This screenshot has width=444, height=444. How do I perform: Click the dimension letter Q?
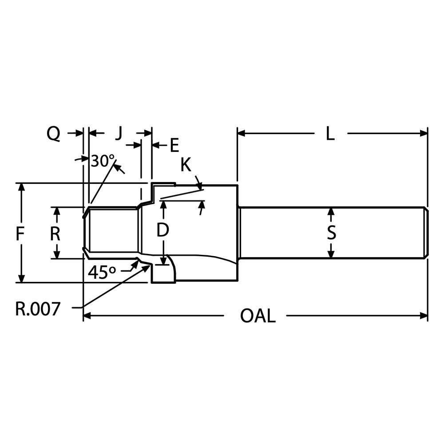pyautogui.click(x=54, y=134)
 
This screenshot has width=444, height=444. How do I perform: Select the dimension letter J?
pyautogui.click(x=118, y=133)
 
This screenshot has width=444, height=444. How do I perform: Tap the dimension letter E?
pyautogui.click(x=174, y=145)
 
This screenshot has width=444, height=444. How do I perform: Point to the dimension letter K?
pyautogui.click(x=186, y=166)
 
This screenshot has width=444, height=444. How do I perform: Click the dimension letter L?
pyautogui.click(x=329, y=134)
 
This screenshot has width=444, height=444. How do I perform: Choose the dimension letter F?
pyautogui.click(x=20, y=234)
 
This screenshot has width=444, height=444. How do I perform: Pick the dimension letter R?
pyautogui.click(x=55, y=234)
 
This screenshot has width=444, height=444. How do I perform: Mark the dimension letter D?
pyautogui.click(x=163, y=230)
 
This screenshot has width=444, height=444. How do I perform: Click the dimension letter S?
pyautogui.click(x=331, y=233)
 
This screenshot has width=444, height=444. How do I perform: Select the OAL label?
pyautogui.click(x=258, y=316)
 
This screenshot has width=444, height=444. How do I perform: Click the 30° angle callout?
pyautogui.click(x=103, y=161)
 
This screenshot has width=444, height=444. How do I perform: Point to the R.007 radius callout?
pyautogui.click(x=37, y=309)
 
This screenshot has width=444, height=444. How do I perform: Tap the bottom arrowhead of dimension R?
pyautogui.click(x=56, y=254)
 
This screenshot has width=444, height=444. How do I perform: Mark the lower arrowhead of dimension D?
pyautogui.click(x=164, y=261)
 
